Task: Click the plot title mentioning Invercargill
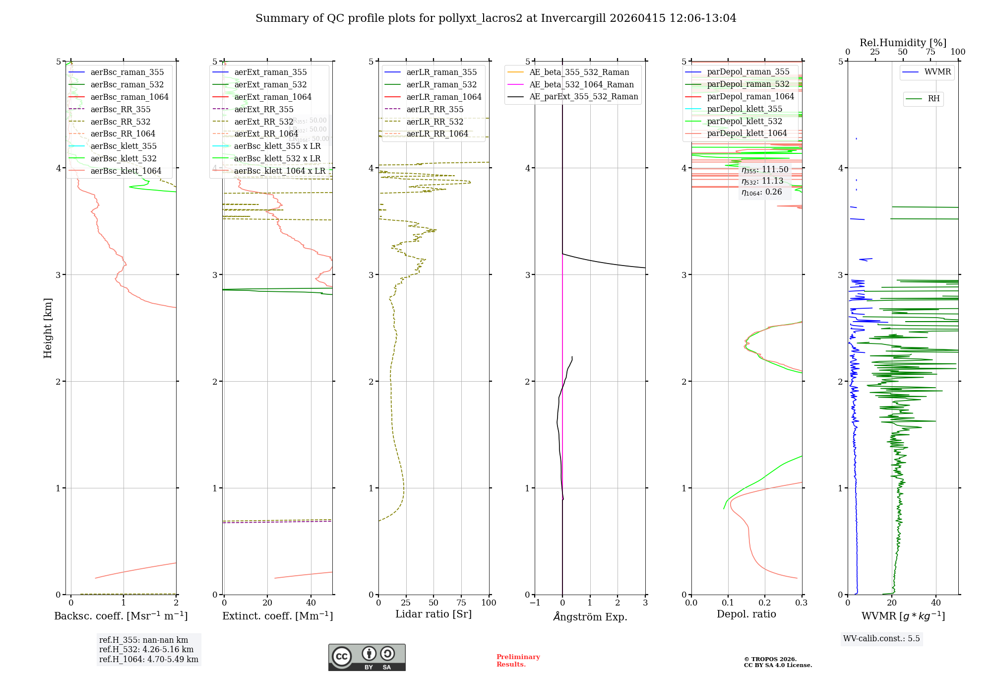[496, 18]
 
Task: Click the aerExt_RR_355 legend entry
[263, 109]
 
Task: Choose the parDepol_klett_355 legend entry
[744, 109]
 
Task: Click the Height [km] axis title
[48, 328]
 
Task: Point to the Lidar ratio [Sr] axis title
[434, 614]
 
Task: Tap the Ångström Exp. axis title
[590, 616]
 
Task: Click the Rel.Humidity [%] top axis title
[903, 43]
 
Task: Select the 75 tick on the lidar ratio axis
[461, 603]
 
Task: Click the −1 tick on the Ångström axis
[535, 603]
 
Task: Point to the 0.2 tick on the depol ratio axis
[765, 603]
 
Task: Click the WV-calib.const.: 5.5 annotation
[881, 638]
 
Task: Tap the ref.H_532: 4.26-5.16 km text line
[146, 649]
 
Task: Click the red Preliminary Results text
[518, 661]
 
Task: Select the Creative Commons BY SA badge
[367, 657]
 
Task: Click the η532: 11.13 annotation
[762, 181]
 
